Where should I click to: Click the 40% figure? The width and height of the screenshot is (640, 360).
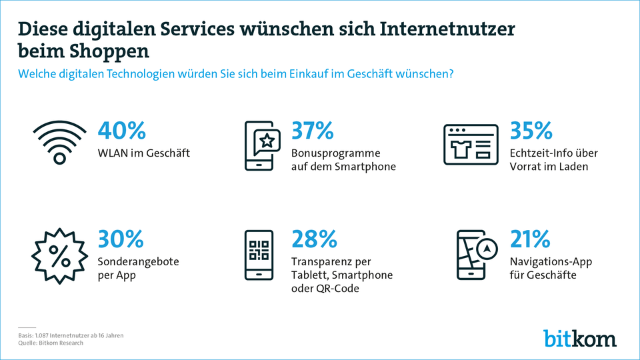[121, 131]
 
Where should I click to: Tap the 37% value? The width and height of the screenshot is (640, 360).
[313, 131]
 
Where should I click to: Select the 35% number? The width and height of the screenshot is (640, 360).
[531, 131]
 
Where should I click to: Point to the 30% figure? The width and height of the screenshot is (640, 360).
[121, 239]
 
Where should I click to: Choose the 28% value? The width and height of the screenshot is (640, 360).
[313, 239]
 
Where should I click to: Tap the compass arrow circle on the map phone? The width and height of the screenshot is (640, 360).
[489, 247]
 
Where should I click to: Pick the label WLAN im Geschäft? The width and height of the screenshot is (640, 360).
[144, 153]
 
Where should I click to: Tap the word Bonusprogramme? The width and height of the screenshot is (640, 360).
[336, 153]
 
